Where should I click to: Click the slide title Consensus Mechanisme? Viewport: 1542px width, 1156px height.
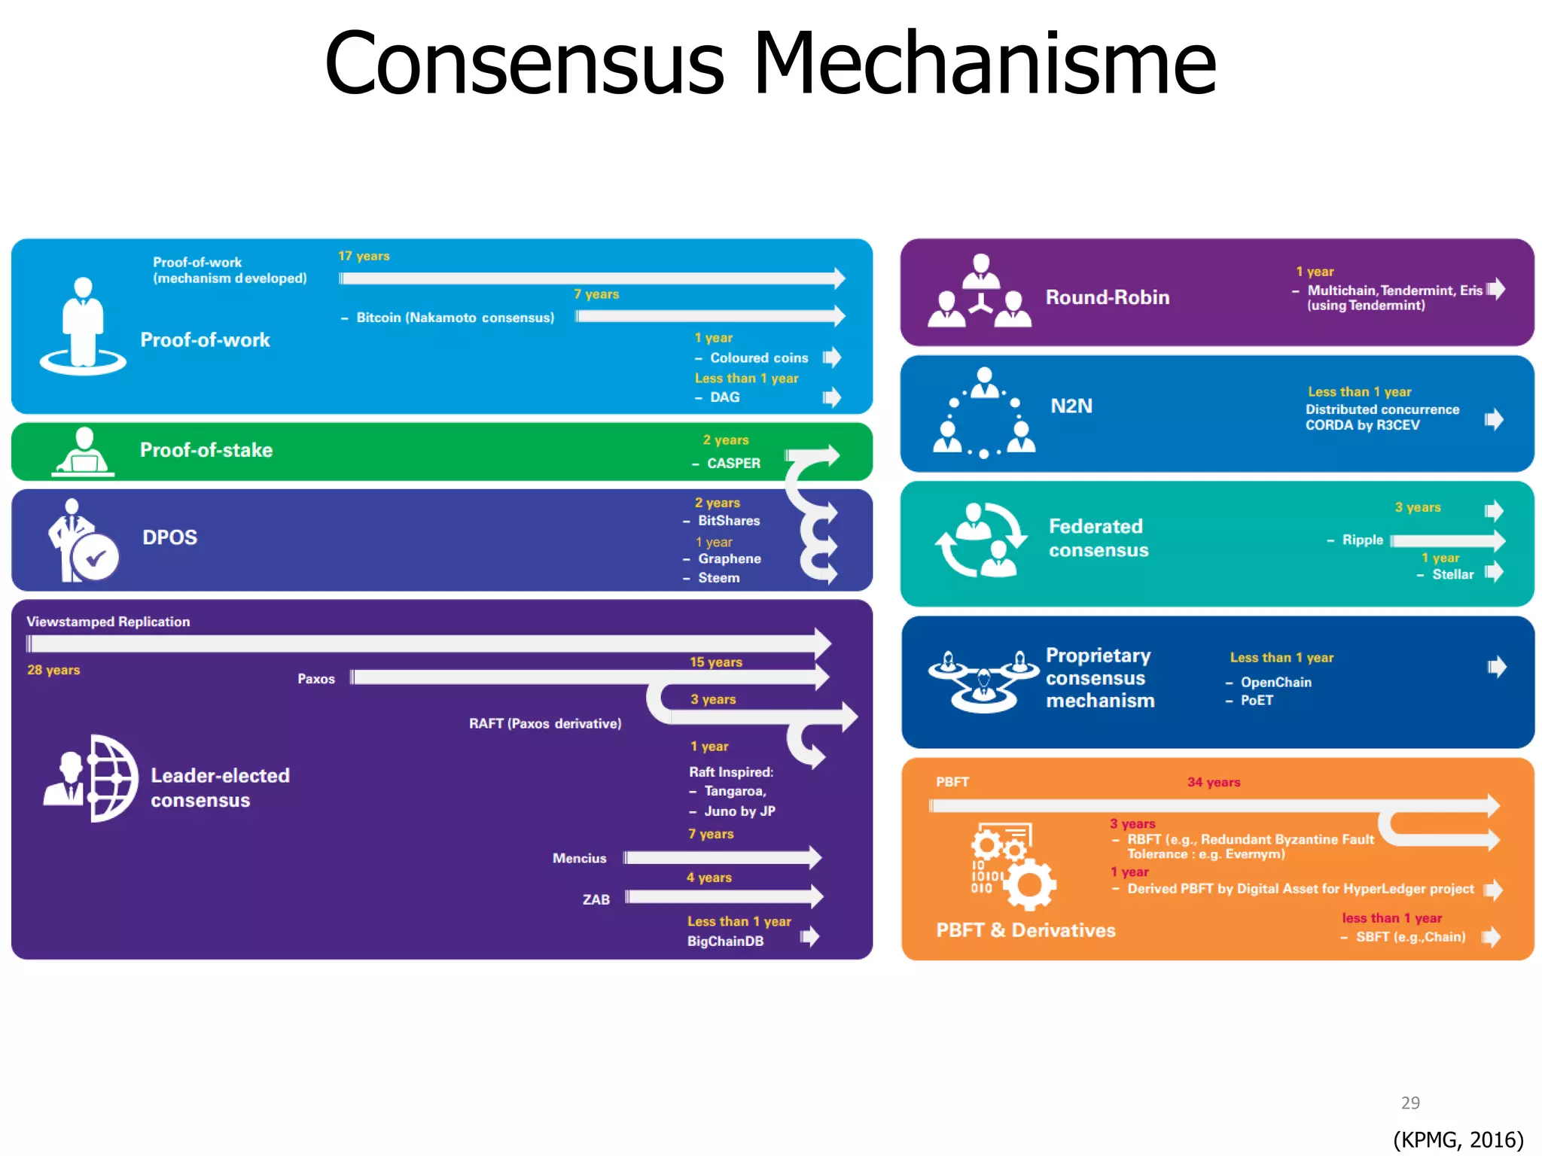pos(769,63)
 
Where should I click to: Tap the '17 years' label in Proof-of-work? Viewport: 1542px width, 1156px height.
pos(364,256)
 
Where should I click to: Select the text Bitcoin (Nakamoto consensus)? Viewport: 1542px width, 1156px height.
pos(455,318)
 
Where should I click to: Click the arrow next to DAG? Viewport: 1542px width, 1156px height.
pos(831,397)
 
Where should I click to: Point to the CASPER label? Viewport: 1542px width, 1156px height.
pos(733,464)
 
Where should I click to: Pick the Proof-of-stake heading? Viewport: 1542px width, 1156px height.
pos(206,450)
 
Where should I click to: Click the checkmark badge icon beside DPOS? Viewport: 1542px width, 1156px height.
pos(96,558)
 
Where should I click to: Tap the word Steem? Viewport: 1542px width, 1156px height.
pos(718,578)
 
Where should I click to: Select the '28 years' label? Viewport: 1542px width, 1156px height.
pos(53,670)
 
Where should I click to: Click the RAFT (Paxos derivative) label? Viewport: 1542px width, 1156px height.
pos(545,723)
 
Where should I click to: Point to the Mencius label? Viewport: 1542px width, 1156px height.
pos(579,858)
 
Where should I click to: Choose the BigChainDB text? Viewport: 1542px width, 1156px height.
pos(725,942)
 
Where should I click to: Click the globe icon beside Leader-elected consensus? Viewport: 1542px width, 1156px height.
pos(113,778)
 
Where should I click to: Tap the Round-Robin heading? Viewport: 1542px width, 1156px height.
pos(1107,297)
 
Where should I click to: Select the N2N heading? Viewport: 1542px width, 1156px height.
pos(1071,406)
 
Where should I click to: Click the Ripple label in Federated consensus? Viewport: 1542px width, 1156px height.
pos(1362,540)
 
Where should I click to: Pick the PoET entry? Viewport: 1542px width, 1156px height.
pos(1257,701)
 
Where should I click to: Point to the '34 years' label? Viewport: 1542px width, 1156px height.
pos(1213,783)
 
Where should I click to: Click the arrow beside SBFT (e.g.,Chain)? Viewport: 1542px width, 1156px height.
pos(1491,937)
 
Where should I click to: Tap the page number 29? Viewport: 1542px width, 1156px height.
pos(1410,1103)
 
